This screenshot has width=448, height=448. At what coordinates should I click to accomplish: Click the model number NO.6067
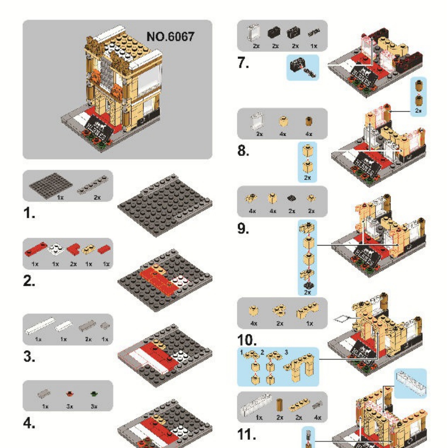tap(170, 37)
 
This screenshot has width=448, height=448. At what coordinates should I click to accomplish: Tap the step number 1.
tap(29, 214)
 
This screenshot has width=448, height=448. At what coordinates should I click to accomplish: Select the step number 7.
tap(243, 63)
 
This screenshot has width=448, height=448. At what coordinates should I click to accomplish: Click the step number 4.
tap(29, 424)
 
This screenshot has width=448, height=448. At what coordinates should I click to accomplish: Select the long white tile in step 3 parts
tap(40, 326)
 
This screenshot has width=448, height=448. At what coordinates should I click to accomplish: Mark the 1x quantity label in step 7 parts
tap(314, 46)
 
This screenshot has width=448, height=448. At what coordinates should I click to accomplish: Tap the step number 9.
tap(243, 229)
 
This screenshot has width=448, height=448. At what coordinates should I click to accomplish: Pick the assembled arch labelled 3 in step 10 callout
tap(297, 365)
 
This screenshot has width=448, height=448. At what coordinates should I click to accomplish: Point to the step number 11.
tap(246, 434)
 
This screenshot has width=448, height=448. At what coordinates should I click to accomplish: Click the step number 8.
tap(243, 151)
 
